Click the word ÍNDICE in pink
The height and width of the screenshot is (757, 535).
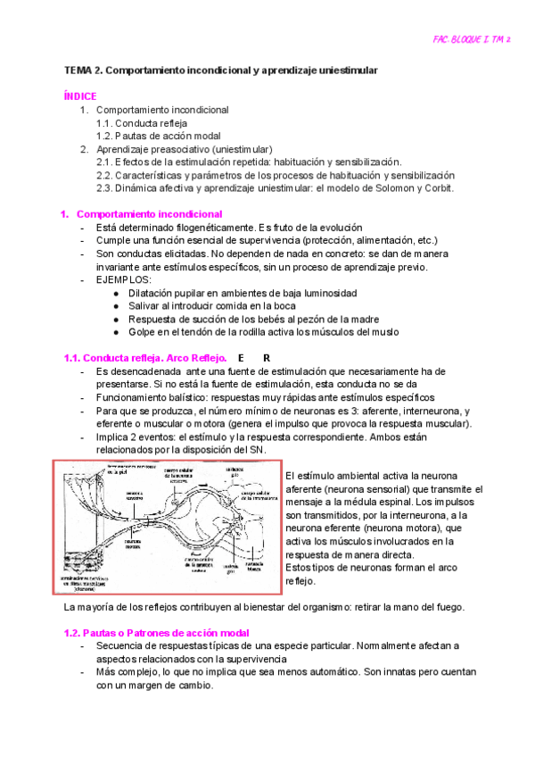[80, 96]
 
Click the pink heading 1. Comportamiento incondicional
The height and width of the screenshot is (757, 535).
[141, 215]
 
